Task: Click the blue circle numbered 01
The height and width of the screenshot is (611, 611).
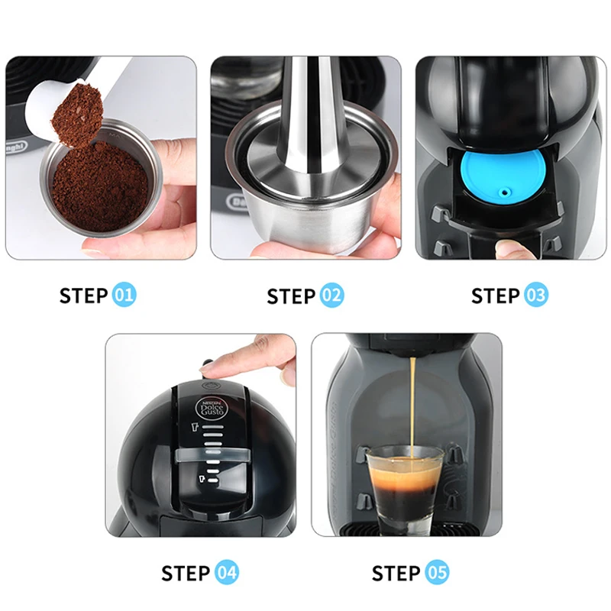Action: tap(124, 296)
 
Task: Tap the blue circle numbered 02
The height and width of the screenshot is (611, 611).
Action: tap(331, 296)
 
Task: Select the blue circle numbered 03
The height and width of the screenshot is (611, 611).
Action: tap(536, 296)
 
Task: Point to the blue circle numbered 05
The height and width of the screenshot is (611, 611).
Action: tap(438, 572)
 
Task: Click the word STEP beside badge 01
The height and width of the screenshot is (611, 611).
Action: tap(84, 296)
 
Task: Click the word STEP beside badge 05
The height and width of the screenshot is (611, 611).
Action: tap(396, 572)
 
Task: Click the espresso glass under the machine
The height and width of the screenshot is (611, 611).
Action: tap(405, 489)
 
